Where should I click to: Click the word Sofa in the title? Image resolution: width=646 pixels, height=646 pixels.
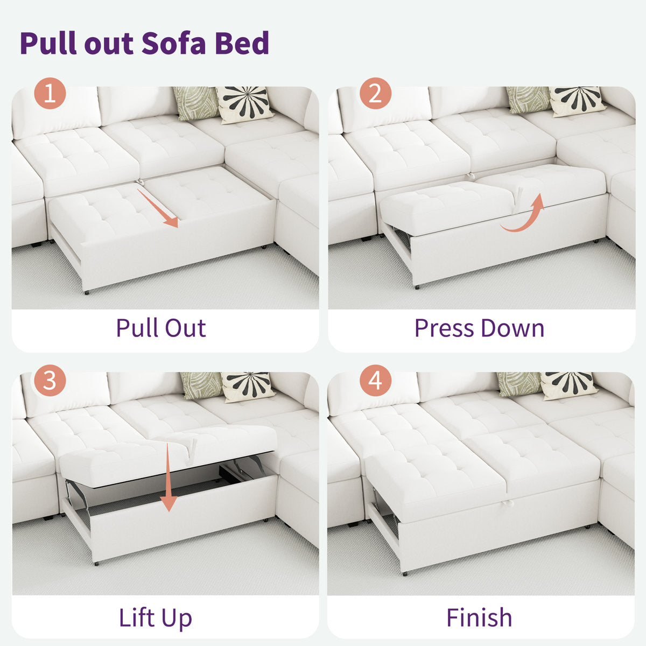[x=173, y=43]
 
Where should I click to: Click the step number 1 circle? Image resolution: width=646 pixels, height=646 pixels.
[x=50, y=94]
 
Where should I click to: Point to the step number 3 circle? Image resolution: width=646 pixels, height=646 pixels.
[x=50, y=381]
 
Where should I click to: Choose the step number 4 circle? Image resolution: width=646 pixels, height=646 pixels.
[x=375, y=381]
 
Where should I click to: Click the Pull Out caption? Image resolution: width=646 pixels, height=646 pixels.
[x=160, y=328]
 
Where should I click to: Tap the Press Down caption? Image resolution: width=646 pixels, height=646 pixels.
[x=479, y=328]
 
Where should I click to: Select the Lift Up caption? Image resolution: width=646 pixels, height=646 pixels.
[x=155, y=617]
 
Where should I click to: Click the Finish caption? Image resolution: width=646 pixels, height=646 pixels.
[x=479, y=617]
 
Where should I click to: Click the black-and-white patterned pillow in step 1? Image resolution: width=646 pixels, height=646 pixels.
[x=245, y=103]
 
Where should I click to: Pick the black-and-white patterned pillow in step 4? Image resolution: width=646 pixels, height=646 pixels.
[x=568, y=384]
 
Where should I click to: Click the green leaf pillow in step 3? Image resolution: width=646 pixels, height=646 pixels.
[x=201, y=384]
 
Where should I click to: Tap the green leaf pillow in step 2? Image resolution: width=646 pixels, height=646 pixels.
[x=528, y=100]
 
